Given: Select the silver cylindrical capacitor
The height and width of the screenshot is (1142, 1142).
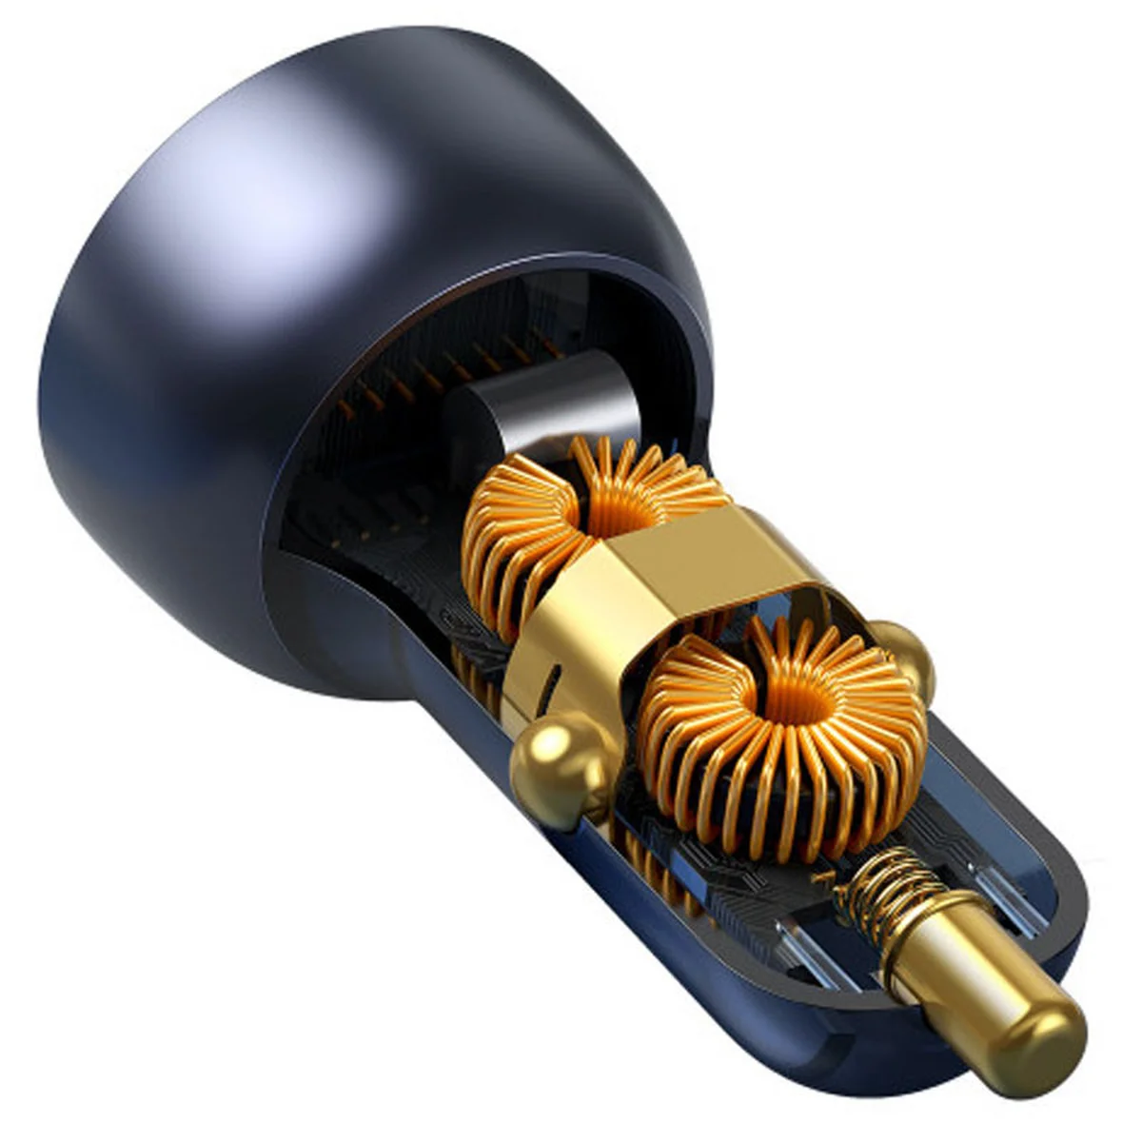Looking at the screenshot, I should (542, 404).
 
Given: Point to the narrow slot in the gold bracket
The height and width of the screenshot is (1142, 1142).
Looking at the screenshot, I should (550, 690).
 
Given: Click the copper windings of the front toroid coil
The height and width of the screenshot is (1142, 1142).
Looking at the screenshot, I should (856, 761).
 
